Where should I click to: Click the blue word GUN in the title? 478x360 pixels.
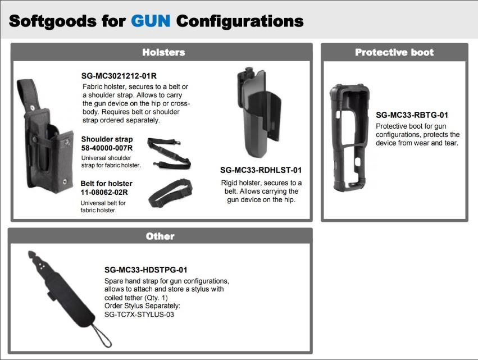[151, 21]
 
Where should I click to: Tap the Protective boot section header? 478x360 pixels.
[394, 52]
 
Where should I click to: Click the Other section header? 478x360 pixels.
[160, 236]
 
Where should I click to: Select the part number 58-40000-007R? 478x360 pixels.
[107, 148]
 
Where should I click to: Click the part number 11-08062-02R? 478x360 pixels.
[104, 192]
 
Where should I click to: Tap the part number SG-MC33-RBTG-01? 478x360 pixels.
[412, 115]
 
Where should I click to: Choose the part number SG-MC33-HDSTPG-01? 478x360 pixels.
[146, 270]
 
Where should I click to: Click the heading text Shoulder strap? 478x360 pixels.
[107, 139]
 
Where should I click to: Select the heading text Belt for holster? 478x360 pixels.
[106, 184]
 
